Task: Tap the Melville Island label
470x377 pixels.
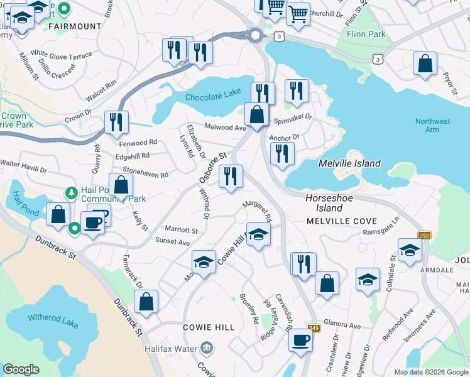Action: coord(349,163)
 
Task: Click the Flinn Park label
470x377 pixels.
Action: coord(365,34)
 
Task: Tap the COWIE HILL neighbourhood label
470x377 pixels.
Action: coord(209,327)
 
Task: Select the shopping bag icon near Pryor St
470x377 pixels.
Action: coord(425,64)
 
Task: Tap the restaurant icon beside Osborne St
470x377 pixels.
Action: coord(231,177)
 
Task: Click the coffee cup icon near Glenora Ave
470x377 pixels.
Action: coord(300,341)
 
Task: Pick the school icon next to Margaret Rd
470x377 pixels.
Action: coord(258,236)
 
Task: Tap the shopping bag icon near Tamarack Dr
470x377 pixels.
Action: coord(146,302)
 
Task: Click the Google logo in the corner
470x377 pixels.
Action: coord(21,369)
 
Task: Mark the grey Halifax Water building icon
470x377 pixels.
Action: coord(206,348)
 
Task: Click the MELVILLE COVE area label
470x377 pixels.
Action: coord(342,222)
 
